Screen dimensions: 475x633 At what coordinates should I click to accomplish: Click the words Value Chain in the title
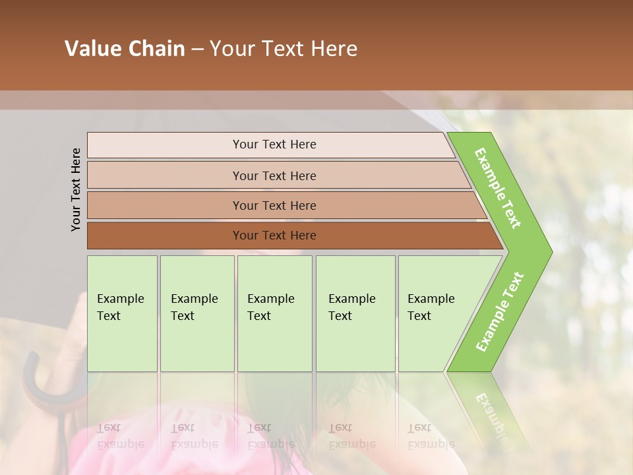pyautogui.click(x=125, y=49)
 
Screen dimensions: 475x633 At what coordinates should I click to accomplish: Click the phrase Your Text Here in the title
pyautogui.click(x=284, y=49)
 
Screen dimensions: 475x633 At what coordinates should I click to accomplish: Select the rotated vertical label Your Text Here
pyautogui.click(x=76, y=189)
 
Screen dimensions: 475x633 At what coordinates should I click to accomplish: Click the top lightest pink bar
pyautogui.click(x=165, y=144)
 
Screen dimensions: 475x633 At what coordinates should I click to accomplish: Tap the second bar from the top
pyautogui.click(x=165, y=175)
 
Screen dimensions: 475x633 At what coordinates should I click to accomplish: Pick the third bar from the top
pyautogui.click(x=165, y=205)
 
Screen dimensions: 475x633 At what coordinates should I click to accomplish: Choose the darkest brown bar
pyautogui.click(x=165, y=236)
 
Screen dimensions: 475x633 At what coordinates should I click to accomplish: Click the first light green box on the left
pyautogui.click(x=122, y=343)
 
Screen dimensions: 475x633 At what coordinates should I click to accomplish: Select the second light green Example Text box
pyautogui.click(x=196, y=343)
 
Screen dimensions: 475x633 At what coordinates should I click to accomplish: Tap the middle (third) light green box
pyautogui.click(x=274, y=343)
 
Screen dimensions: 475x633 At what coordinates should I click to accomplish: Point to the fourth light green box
pyautogui.click(x=355, y=343)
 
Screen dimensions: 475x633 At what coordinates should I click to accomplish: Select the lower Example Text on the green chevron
pyautogui.click(x=500, y=311)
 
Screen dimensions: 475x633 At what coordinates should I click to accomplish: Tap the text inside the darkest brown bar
pyautogui.click(x=274, y=236)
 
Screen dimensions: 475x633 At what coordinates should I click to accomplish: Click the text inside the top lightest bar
pyautogui.click(x=274, y=144)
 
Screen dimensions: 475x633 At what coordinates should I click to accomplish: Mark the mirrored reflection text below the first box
pyautogui.click(x=120, y=436)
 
